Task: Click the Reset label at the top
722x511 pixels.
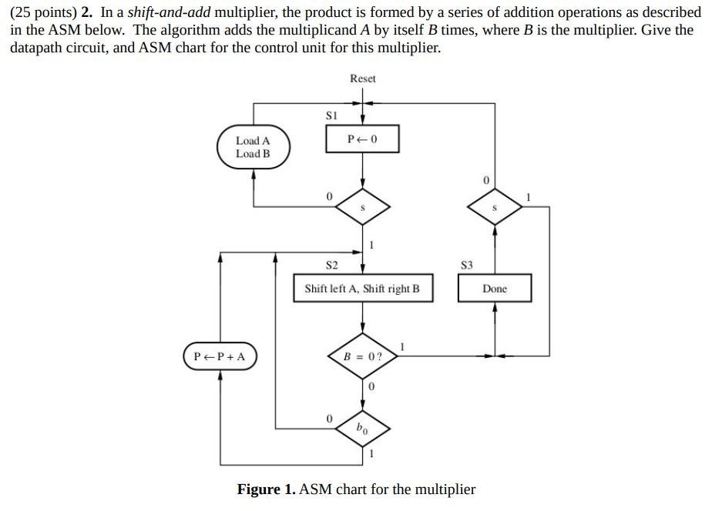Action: (363, 78)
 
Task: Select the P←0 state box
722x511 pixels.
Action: (363, 139)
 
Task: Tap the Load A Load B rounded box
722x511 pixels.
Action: (253, 147)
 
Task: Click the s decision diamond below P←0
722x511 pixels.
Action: (363, 207)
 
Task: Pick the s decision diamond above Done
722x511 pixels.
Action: (495, 207)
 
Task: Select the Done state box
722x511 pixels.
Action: (495, 289)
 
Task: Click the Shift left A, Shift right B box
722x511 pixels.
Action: (362, 289)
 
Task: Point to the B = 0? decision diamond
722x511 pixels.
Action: (363, 357)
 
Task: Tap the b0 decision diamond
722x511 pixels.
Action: (363, 428)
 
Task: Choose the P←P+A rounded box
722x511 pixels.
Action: (220, 357)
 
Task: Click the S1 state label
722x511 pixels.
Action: (332, 115)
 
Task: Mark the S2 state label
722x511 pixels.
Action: (332, 266)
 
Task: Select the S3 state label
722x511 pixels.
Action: (465, 266)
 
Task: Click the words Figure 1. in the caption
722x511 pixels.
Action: (266, 489)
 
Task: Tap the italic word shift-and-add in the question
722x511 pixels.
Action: (172, 13)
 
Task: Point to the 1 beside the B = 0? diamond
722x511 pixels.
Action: (401, 345)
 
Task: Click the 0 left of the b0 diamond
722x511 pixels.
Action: (329, 419)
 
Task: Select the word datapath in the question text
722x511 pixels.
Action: (36, 47)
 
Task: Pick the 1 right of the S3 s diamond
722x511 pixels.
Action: (529, 197)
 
